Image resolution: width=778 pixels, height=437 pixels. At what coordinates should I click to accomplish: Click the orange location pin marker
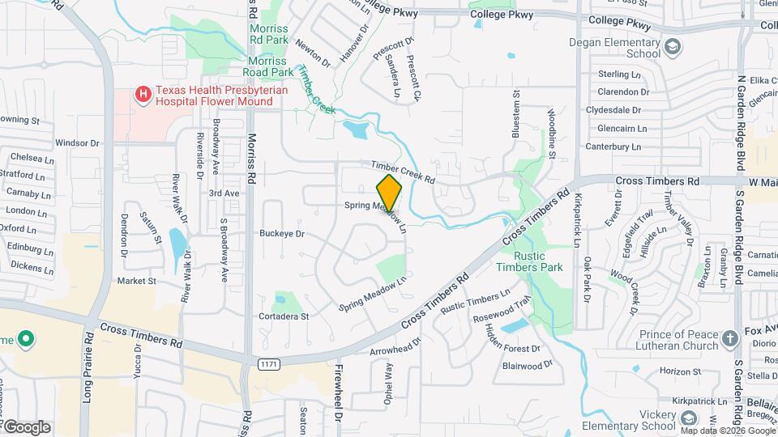coord(389,193)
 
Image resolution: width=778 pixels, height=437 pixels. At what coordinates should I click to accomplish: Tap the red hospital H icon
coord(143,95)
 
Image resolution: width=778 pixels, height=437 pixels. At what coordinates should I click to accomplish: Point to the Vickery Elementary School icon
coord(688,418)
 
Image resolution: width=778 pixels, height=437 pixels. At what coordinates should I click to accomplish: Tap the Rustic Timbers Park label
coord(537,261)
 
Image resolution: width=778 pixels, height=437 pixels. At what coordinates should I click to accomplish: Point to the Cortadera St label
coord(283,316)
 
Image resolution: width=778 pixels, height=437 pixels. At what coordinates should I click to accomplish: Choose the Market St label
coord(136,281)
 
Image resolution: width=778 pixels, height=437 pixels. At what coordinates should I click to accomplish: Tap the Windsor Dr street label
coord(77,143)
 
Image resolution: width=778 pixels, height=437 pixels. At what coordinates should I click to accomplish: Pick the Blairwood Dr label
coord(527,366)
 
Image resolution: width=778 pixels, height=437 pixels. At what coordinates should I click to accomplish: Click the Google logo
coord(27,427)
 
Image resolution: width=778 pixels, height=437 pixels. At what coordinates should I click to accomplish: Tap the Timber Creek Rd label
coord(404,171)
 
